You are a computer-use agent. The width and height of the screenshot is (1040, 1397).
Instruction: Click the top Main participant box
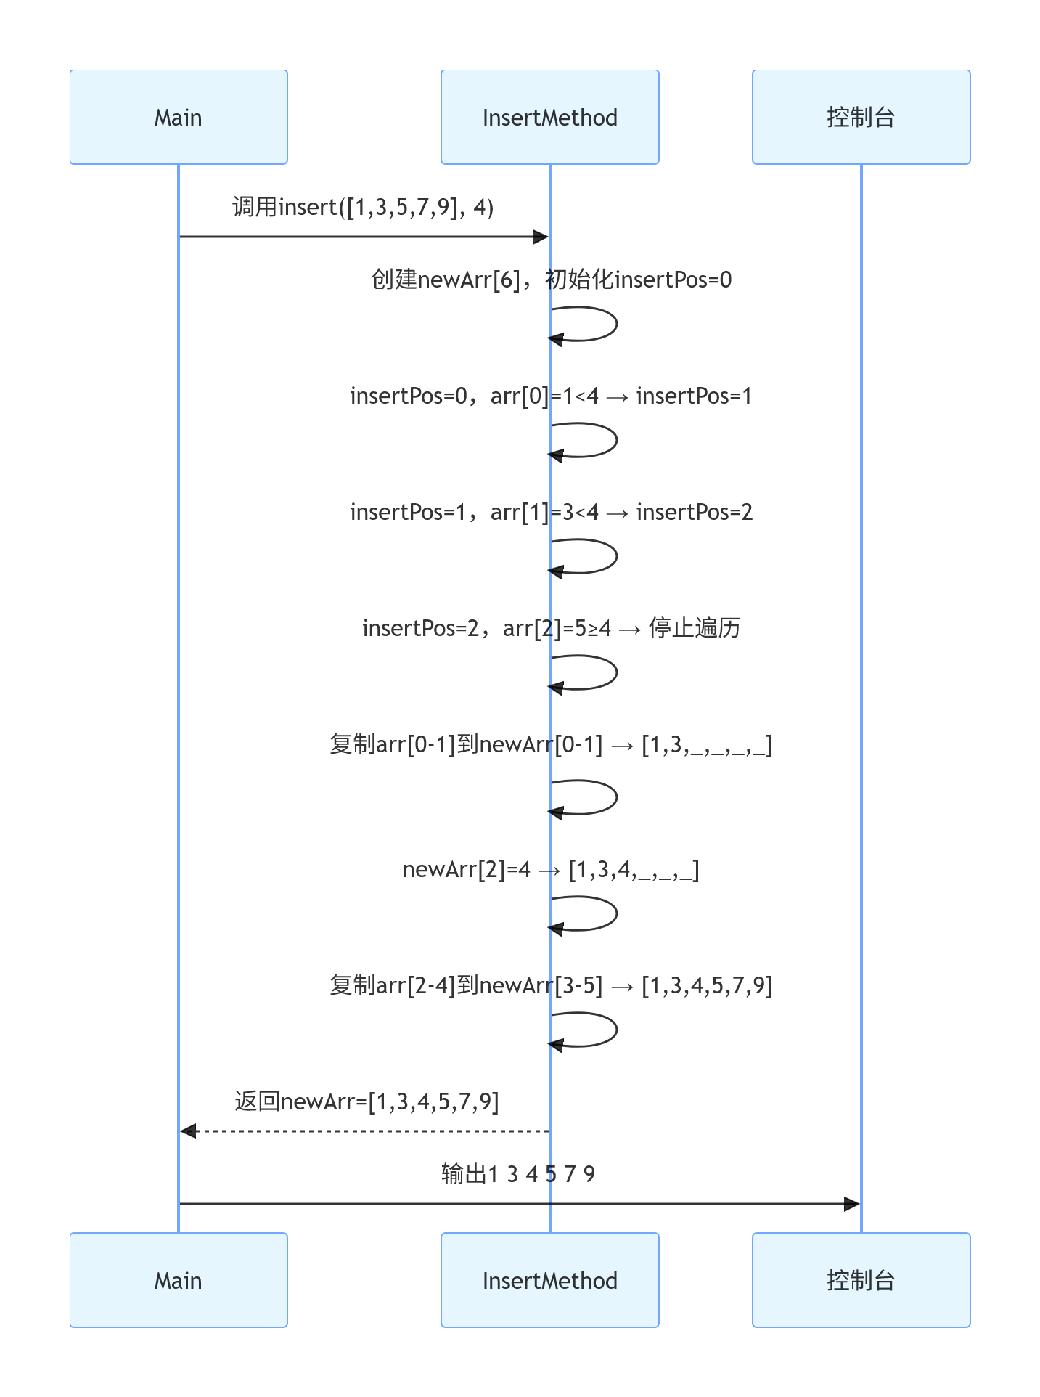[179, 117]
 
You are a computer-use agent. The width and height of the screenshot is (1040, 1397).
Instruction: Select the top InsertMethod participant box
[549, 117]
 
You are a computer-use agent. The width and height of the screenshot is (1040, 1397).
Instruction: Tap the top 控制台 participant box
[861, 117]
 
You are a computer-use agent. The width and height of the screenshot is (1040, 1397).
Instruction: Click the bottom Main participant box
[179, 1280]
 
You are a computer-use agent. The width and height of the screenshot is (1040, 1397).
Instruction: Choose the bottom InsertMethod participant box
[549, 1280]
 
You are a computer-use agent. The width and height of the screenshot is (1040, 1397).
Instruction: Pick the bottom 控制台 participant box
[861, 1280]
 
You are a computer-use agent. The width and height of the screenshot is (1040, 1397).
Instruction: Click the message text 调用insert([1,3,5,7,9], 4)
[363, 208]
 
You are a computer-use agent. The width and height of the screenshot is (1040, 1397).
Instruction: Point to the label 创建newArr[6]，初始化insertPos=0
[551, 280]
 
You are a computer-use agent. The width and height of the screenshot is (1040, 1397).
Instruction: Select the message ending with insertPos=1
[551, 396]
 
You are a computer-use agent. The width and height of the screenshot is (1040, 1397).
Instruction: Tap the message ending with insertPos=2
[551, 512]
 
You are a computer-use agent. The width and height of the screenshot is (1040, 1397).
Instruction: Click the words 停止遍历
[694, 628]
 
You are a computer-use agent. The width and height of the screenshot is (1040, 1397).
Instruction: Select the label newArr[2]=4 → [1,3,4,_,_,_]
[551, 869]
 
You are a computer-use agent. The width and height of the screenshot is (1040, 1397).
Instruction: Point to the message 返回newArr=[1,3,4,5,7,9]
[367, 1101]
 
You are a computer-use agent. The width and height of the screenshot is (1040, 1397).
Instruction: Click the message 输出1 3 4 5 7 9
[518, 1174]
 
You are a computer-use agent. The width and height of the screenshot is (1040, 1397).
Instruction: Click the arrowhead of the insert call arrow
[541, 237]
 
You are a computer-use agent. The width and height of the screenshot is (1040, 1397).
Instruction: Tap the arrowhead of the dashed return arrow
[188, 1131]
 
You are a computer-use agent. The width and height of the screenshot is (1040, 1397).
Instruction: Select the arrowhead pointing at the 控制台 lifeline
[852, 1204]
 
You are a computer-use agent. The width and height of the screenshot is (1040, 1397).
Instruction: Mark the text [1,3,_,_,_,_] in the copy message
[707, 745]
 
